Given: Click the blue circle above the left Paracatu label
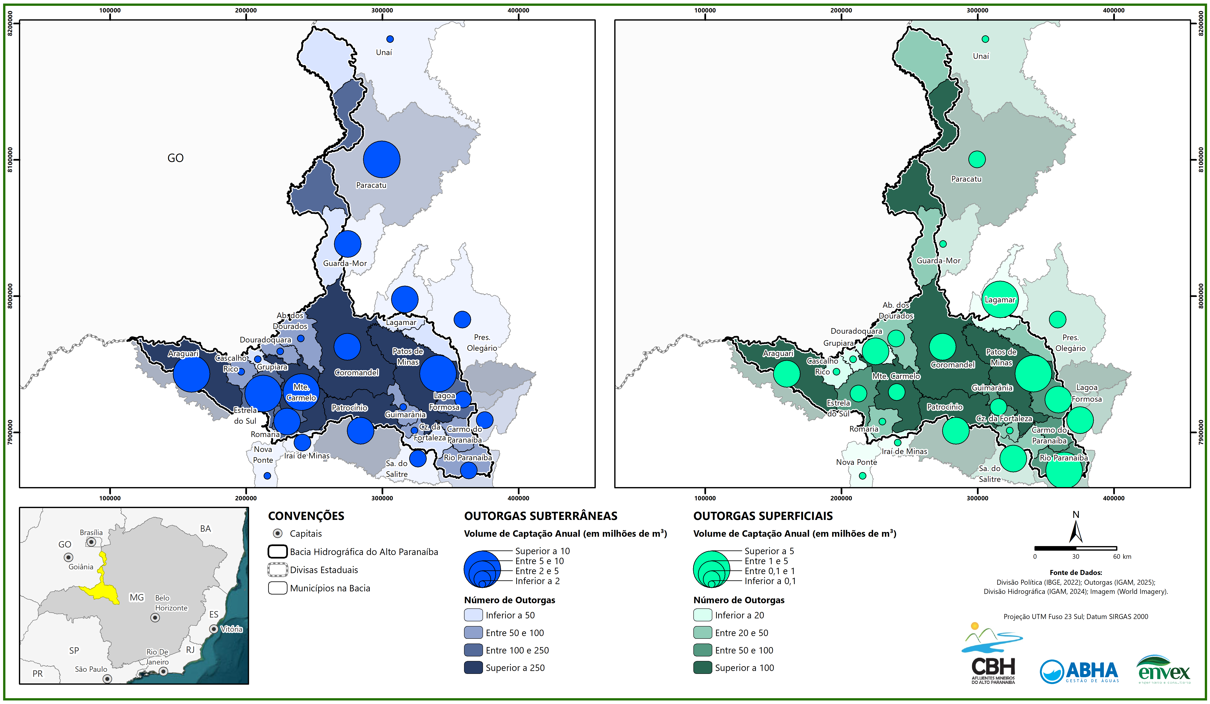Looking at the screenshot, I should click(381, 159).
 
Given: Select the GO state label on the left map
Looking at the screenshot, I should click(175, 158).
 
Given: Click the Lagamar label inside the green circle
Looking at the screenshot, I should click(1000, 300).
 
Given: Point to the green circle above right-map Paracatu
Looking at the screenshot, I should click(977, 159).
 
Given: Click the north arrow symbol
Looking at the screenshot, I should click(1076, 531).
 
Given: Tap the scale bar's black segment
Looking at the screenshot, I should click(1055, 548).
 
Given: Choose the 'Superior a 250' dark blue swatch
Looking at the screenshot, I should click(473, 667).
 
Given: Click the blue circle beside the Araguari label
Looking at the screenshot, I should click(191, 374).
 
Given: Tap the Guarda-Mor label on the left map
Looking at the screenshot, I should click(345, 263).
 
